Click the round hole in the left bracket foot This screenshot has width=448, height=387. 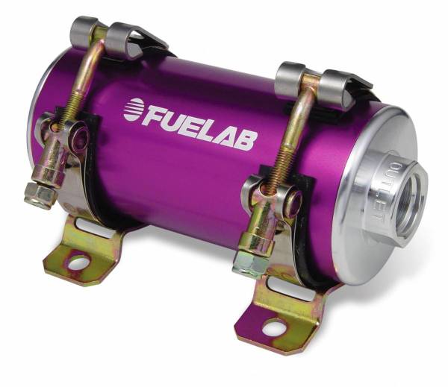pos(75,262)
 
